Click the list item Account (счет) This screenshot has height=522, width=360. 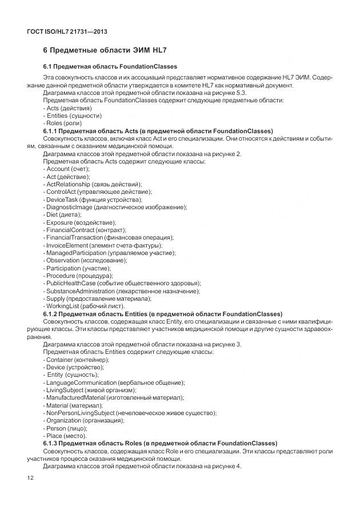67,169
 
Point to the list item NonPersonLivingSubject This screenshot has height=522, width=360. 130,413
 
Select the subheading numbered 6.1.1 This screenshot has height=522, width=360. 158,130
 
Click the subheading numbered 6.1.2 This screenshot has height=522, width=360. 162,314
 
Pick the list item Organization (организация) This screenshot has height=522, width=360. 83,420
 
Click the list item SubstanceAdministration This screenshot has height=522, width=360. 121,291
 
